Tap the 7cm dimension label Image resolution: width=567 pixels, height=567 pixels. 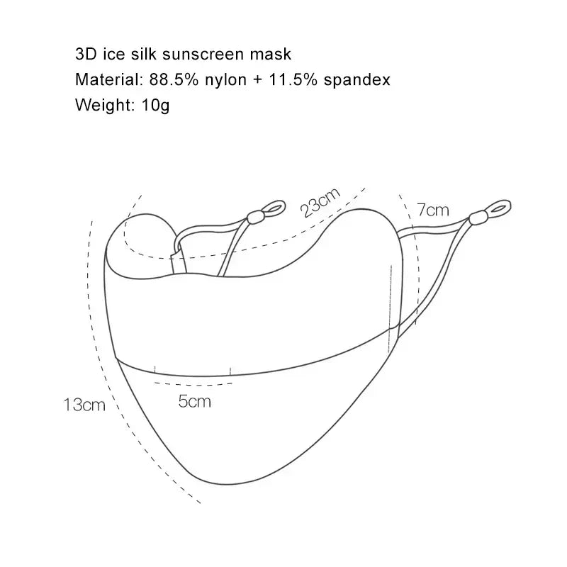pos(433,210)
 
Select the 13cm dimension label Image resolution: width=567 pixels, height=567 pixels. pos(84,405)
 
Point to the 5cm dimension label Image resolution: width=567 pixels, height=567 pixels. pos(194,401)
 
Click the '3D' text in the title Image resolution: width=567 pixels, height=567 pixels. pos(84,54)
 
